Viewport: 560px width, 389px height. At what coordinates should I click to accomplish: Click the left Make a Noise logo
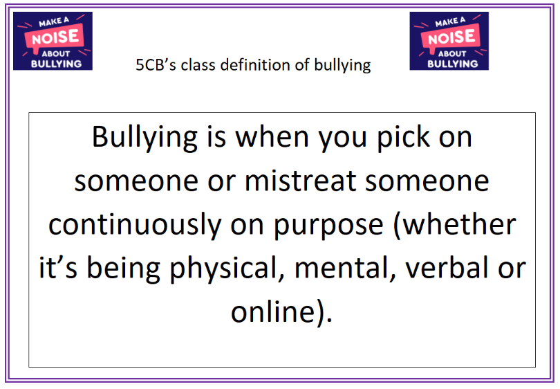pos(53,41)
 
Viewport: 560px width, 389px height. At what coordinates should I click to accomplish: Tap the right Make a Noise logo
pos(449,41)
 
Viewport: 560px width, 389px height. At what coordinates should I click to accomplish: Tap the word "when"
pos(272,137)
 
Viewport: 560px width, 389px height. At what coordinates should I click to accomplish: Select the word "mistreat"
pos(300,181)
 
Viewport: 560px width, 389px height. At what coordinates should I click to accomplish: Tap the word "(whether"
pos(454,224)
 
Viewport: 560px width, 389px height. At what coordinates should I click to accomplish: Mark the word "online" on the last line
pos(273,311)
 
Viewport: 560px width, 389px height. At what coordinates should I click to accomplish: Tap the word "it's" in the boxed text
pos(58,268)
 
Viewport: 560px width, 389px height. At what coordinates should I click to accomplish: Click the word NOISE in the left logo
pos(55,37)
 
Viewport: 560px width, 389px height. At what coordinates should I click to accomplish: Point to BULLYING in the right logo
pos(453,64)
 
